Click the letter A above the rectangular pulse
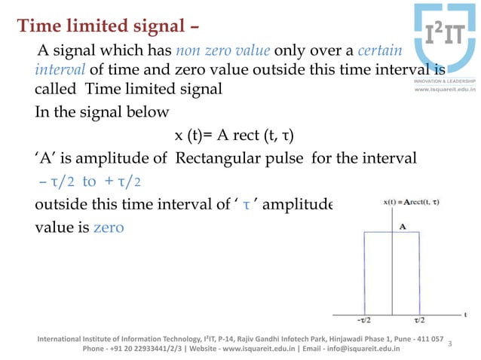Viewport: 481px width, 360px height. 403,225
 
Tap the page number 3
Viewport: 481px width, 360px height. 449,343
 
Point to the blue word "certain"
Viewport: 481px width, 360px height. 379,52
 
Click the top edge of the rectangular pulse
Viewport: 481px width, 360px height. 397,233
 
